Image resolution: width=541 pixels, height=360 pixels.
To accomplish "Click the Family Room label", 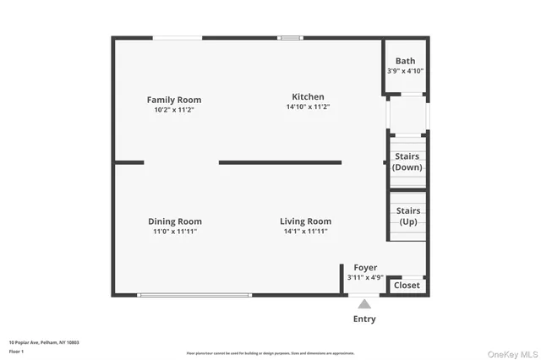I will (x=173, y=100).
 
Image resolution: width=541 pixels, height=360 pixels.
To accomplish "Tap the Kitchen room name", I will (x=308, y=96).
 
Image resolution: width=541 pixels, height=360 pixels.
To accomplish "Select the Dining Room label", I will (x=175, y=221).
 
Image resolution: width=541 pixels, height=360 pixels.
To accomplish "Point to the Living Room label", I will (x=305, y=221).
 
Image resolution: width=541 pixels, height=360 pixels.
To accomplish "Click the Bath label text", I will (x=406, y=61).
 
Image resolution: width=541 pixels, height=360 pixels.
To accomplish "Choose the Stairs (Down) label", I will (x=407, y=161).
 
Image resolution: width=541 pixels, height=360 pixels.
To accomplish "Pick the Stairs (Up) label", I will (x=408, y=215).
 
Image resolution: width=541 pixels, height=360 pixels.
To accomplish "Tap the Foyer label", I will (x=365, y=268).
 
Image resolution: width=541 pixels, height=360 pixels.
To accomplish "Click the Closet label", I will (x=407, y=286).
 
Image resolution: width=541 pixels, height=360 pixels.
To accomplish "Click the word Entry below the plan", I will (x=364, y=319).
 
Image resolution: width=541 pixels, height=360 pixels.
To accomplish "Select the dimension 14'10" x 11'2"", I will (x=308, y=107).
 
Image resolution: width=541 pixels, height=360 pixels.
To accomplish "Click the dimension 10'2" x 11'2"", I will (x=173, y=110).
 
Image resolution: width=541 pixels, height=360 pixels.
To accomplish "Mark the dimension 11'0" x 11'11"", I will (x=175, y=232).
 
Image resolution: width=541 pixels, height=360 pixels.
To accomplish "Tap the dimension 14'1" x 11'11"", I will (x=305, y=232).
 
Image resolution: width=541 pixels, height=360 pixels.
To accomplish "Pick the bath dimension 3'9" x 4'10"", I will (x=406, y=71).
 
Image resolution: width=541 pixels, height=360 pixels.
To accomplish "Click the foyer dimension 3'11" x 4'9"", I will (x=365, y=277).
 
